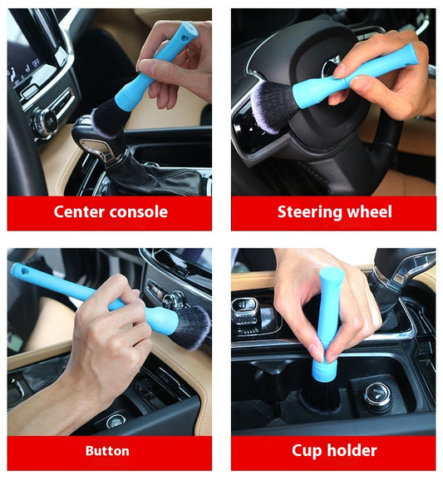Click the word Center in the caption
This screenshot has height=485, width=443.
(x=79, y=212)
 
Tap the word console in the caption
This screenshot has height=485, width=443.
(x=139, y=212)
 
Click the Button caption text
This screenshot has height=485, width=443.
(x=107, y=451)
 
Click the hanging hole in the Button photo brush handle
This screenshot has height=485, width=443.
(x=24, y=271)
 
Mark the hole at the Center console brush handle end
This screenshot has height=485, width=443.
(x=185, y=38)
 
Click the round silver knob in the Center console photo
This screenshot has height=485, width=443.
(x=46, y=121)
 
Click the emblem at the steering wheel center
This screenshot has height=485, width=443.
(x=330, y=67)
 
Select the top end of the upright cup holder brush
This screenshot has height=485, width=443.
(x=331, y=271)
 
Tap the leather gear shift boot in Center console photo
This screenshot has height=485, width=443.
(x=155, y=180)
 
